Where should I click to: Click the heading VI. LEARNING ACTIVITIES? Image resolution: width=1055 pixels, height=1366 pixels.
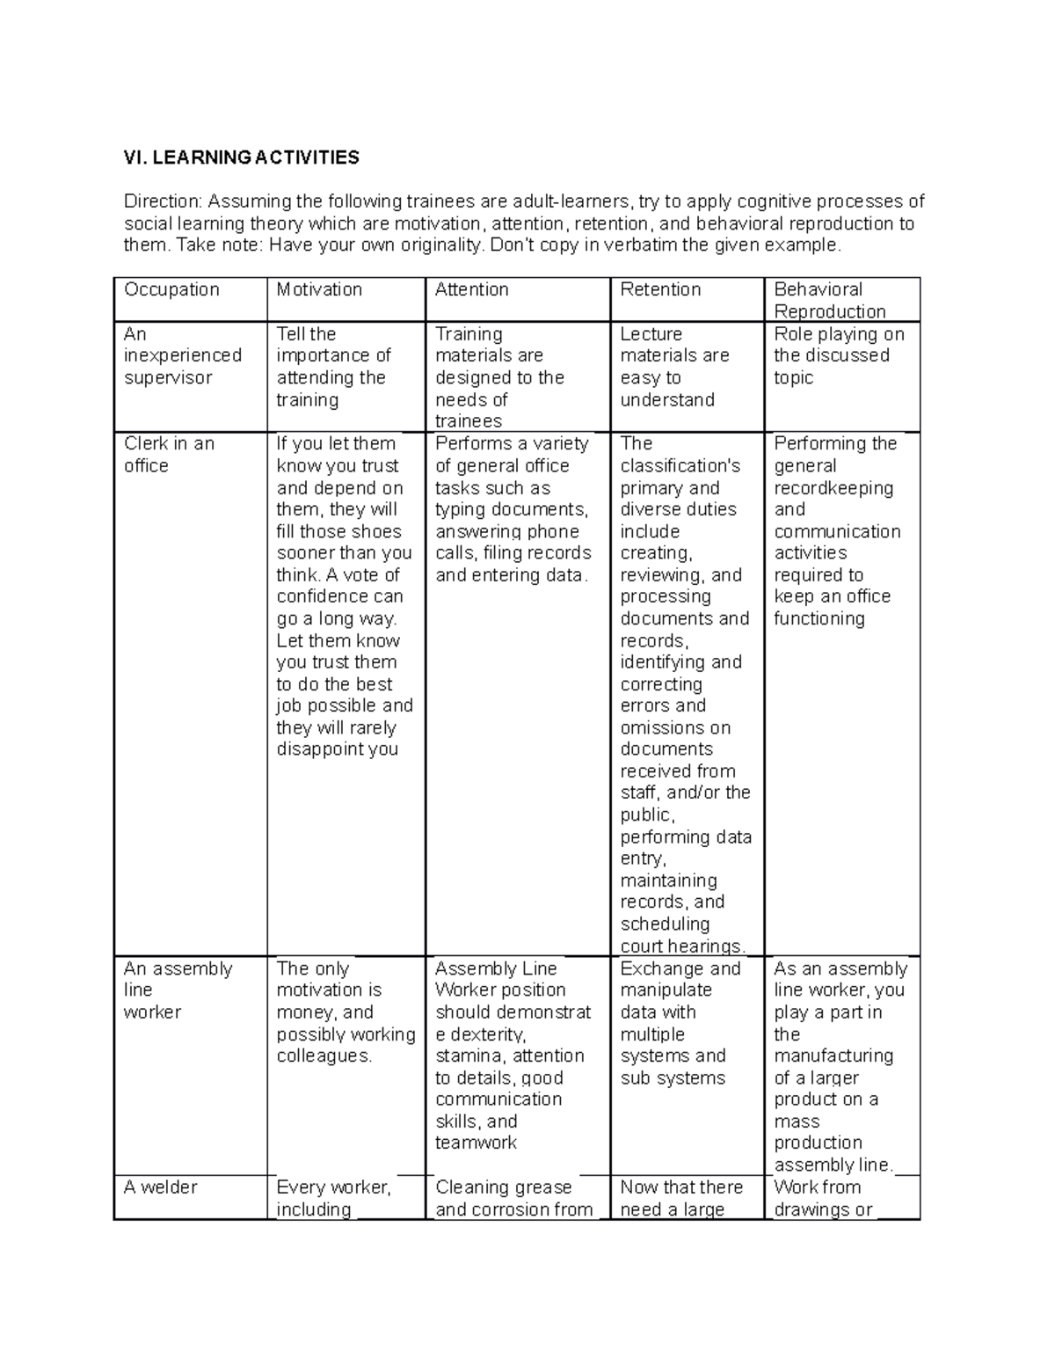pyautogui.click(x=241, y=157)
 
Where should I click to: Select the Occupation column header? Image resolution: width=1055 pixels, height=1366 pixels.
pyautogui.click(x=171, y=289)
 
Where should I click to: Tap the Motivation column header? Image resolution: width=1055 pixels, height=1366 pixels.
pyautogui.click(x=319, y=289)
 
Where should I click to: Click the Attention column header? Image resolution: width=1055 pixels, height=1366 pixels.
pyautogui.click(x=471, y=289)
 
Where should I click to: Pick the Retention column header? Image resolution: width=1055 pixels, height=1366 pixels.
pyautogui.click(x=660, y=289)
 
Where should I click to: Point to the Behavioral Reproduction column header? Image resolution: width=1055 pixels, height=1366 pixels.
pyautogui.click(x=829, y=300)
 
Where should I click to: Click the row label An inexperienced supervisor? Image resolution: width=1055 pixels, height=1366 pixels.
pyautogui.click(x=182, y=355)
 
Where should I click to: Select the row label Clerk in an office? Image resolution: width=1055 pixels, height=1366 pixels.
pyautogui.click(x=169, y=454)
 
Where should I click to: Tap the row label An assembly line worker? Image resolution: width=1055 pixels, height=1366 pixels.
pyautogui.click(x=178, y=990)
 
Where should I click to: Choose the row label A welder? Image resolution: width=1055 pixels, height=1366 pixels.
pyautogui.click(x=161, y=1187)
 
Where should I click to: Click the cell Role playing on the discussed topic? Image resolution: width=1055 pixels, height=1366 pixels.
pyautogui.click(x=838, y=355)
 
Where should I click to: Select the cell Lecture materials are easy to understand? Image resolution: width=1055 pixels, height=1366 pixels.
pyautogui.click(x=674, y=366)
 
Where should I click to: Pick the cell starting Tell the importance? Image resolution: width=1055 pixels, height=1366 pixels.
pyautogui.click(x=333, y=366)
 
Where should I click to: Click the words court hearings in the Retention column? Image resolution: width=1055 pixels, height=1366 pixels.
pyautogui.click(x=682, y=946)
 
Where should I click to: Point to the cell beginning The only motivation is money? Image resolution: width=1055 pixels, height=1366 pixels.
pyautogui.click(x=345, y=1012)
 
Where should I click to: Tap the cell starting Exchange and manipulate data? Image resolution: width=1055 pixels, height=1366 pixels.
pyautogui.click(x=680, y=1022)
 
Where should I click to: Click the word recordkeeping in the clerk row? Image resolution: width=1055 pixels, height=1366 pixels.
pyautogui.click(x=833, y=487)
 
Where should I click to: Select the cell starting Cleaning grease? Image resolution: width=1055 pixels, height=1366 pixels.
pyautogui.click(x=513, y=1197)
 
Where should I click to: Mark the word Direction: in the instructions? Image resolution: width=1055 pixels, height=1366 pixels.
pyautogui.click(x=163, y=201)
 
